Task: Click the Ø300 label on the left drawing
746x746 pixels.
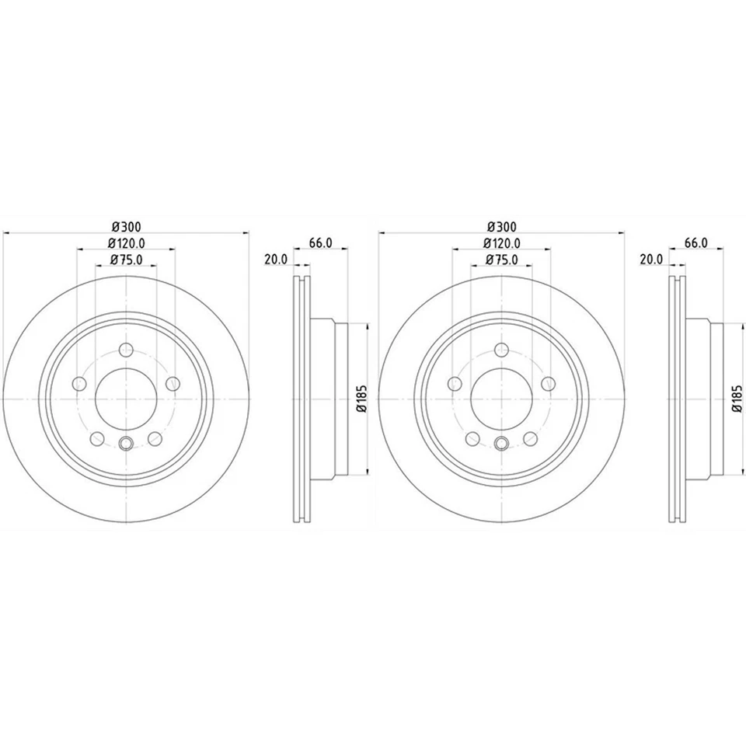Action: click(x=125, y=226)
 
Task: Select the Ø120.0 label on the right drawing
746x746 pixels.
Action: click(x=501, y=243)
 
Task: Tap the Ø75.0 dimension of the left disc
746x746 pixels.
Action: click(x=125, y=260)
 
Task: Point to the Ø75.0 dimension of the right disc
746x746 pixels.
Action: click(x=501, y=260)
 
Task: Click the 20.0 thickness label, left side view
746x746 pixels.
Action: click(x=276, y=260)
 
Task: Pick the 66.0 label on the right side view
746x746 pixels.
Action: click(x=695, y=243)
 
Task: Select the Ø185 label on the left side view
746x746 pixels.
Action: click(x=361, y=398)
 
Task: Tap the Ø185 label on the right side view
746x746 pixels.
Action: click(x=736, y=398)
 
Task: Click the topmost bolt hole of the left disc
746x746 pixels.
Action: click(x=125, y=350)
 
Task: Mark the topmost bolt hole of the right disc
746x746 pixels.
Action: click(x=501, y=350)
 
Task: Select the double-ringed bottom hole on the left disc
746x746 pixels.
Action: click(x=125, y=444)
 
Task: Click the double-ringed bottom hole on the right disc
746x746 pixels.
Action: click(x=501, y=444)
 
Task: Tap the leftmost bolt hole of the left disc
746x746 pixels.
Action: click(x=78, y=383)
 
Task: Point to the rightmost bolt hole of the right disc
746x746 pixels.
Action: click(x=549, y=383)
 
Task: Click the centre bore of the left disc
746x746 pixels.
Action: click(x=125, y=398)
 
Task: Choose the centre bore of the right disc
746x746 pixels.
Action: click(x=501, y=398)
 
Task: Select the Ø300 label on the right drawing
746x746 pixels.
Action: click(x=501, y=226)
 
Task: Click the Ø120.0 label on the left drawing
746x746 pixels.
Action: click(x=125, y=243)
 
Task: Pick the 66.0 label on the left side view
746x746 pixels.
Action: click(x=320, y=243)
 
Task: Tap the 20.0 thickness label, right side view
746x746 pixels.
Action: click(x=651, y=260)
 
